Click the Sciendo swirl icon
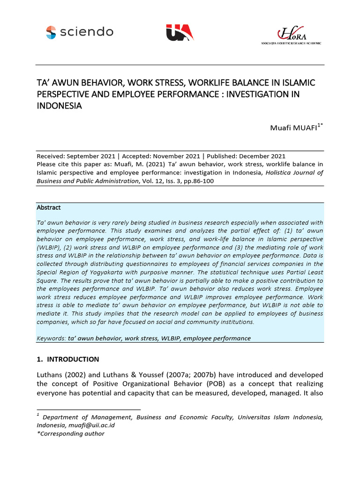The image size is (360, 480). tap(51, 32)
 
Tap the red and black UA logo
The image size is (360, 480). tap(180, 32)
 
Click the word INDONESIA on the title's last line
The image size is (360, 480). tap(59, 105)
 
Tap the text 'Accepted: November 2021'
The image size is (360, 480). tap(159, 156)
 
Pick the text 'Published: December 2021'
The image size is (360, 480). tap(246, 156)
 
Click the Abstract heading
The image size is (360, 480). tap(49, 207)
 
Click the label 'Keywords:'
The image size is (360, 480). tap(51, 338)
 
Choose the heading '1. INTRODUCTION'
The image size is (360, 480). tap(67, 359)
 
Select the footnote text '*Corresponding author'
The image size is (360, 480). tap(70, 434)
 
